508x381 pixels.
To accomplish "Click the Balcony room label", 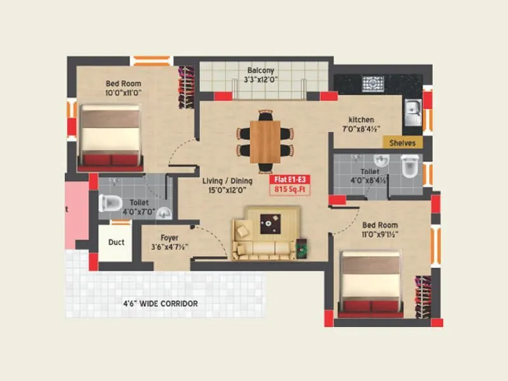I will tap(261, 70).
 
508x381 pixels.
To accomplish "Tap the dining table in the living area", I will tap(267, 141).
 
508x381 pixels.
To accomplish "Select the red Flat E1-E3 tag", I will tap(290, 178).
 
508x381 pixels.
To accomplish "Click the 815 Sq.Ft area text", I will tap(290, 189).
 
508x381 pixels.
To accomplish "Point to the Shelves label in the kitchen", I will tap(402, 143).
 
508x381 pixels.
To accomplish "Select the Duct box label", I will tap(116, 242).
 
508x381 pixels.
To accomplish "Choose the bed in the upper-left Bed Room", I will tap(110, 136).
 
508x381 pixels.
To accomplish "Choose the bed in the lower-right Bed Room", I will tap(371, 283).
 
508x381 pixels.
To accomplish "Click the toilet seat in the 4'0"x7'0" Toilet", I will tap(110, 203).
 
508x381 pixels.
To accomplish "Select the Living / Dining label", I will tap(225, 180).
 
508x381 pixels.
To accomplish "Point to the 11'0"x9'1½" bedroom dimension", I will tap(380, 234).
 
